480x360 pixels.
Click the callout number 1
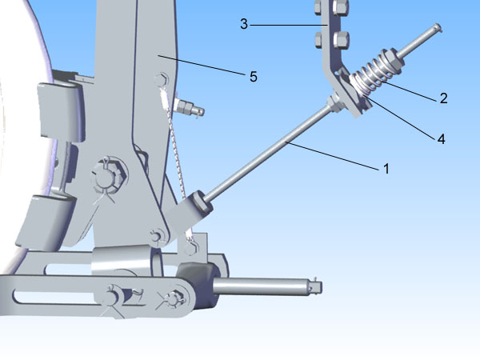pos(386,168)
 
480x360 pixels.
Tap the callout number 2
pos(443,98)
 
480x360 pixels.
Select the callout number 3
pos(244,24)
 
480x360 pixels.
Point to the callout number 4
pos(441,139)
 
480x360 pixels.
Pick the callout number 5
pos(253,77)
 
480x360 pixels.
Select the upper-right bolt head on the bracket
pos(341,6)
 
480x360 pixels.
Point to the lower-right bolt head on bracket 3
pos(341,40)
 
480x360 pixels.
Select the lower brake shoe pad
pos(46,221)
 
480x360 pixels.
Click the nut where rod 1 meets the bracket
pos(335,102)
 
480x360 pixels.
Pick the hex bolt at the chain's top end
pos(161,80)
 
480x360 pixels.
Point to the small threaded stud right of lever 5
pos(189,108)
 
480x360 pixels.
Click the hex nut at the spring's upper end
pos(391,62)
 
